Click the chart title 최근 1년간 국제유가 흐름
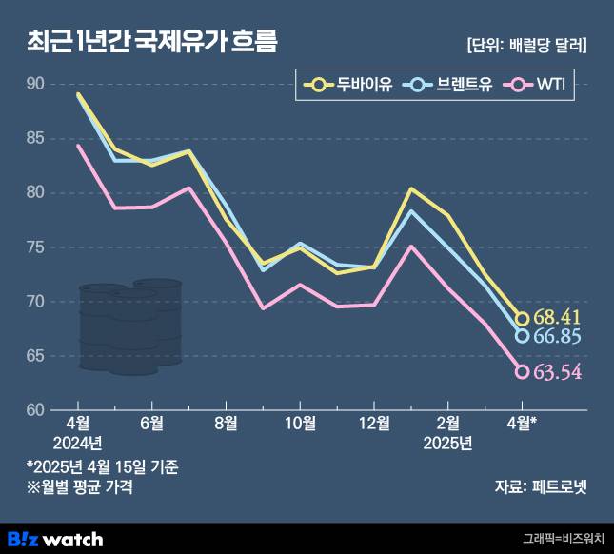(152, 41)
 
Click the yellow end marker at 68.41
(522, 319)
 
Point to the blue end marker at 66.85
(522, 335)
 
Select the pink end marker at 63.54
(522, 371)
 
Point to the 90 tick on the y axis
(35, 85)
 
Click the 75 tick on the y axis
(35, 247)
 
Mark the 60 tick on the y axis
(35, 410)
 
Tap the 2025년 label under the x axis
(448, 444)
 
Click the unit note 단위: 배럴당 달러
(526, 45)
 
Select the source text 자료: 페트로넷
(541, 487)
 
